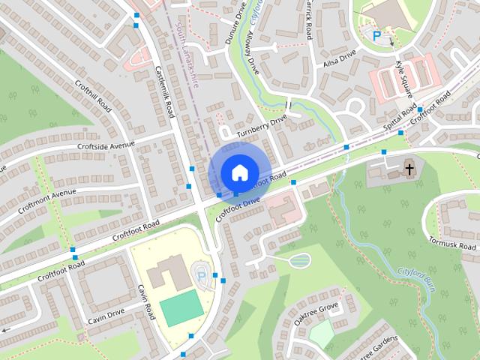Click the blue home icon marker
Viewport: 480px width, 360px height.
pyautogui.click(x=238, y=172)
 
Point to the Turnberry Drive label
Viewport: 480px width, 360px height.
pyautogui.click(x=262, y=127)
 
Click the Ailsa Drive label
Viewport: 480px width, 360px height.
pyautogui.click(x=339, y=58)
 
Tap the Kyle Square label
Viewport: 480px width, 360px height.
pyautogui.click(x=403, y=78)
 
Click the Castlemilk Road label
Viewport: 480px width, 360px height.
pyautogui.click(x=164, y=88)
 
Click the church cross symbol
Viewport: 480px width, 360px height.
pyautogui.click(x=409, y=169)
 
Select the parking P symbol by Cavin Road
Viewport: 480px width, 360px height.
pyautogui.click(x=201, y=277)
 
